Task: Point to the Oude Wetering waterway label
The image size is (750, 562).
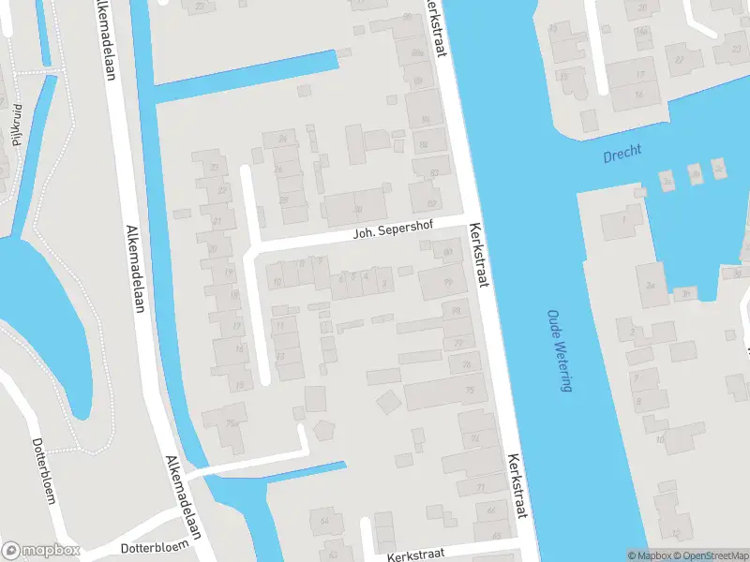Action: (x=560, y=351)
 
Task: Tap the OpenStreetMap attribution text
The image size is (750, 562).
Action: (x=711, y=555)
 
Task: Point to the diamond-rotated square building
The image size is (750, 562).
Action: (x=386, y=403)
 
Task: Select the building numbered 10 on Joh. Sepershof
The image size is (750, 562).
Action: (x=275, y=279)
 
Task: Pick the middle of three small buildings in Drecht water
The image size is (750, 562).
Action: (x=694, y=173)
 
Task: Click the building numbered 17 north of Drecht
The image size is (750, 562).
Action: (x=640, y=75)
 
